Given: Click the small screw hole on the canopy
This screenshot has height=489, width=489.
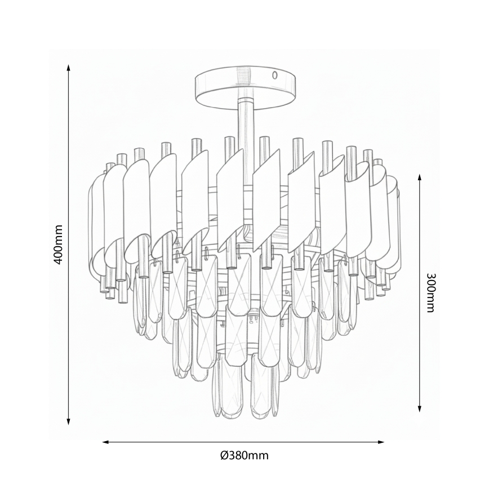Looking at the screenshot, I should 275,74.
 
